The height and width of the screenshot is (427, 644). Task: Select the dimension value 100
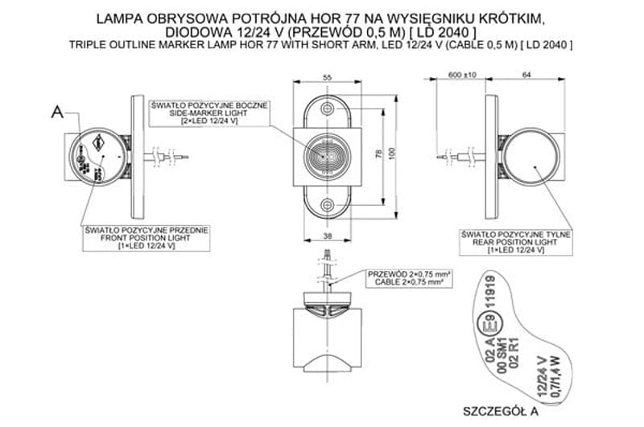392,152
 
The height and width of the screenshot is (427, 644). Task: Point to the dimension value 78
378,152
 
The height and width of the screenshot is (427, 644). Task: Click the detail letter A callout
56,112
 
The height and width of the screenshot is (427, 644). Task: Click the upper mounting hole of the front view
327,109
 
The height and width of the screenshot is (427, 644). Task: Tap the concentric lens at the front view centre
327,152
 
